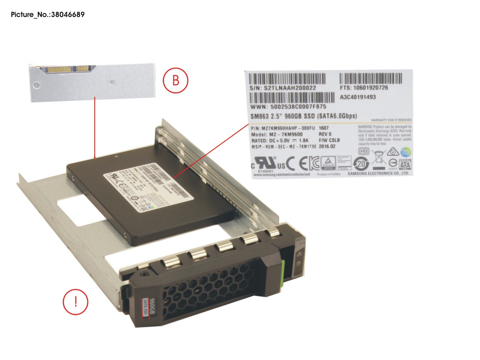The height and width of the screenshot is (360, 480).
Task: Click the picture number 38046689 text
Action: click(x=48, y=14)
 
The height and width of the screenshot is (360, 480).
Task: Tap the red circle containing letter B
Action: click(x=176, y=80)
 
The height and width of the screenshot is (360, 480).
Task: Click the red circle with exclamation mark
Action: click(x=76, y=302)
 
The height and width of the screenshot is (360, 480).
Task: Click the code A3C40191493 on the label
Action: click(x=358, y=97)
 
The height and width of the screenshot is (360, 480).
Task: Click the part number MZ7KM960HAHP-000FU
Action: click(x=283, y=128)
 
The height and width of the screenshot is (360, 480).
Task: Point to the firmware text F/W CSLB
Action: click(x=329, y=140)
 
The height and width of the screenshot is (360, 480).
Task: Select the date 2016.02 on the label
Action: click(x=327, y=146)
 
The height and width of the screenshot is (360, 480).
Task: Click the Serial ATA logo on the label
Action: click(x=405, y=164)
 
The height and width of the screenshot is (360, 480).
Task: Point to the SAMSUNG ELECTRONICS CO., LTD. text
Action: click(x=378, y=173)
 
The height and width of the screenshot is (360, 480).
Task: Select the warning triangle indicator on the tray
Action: click(x=299, y=254)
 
